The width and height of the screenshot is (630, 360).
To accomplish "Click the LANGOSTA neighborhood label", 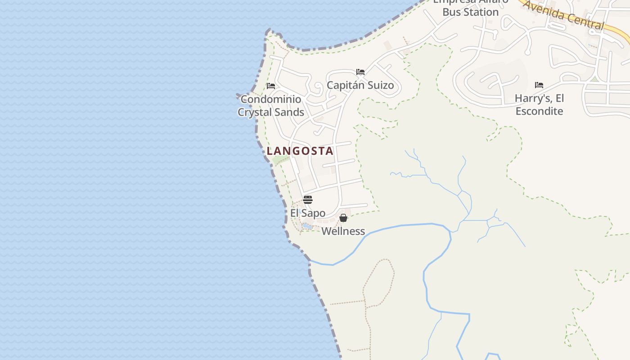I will [x=300, y=151].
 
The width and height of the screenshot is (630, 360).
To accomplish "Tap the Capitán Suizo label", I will [x=360, y=85].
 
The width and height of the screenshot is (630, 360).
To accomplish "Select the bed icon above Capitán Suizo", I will [x=360, y=72].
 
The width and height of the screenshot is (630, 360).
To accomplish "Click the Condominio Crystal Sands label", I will [x=271, y=105].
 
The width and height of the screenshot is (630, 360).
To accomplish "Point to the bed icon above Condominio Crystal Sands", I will [x=271, y=85].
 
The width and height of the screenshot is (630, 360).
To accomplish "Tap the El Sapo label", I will [x=308, y=213].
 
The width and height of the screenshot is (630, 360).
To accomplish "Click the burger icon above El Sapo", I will [x=308, y=200].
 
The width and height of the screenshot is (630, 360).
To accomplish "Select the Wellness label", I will [x=343, y=231].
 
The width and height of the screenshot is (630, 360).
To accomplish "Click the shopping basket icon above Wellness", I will [x=343, y=218].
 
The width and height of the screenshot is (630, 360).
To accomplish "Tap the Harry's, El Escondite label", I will [x=539, y=104].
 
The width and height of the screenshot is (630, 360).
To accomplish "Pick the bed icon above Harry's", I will [x=539, y=85].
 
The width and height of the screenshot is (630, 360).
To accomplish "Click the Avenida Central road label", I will [x=563, y=15].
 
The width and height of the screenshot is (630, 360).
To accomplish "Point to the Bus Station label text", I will [x=470, y=12].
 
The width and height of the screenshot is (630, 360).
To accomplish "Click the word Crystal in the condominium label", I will [x=255, y=112].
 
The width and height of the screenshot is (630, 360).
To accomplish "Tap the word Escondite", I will [x=539, y=111].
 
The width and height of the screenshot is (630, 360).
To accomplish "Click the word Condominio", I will [x=271, y=99].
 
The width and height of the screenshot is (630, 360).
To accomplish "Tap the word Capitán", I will [x=343, y=85].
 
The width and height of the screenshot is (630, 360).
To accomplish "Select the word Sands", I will [x=289, y=112].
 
